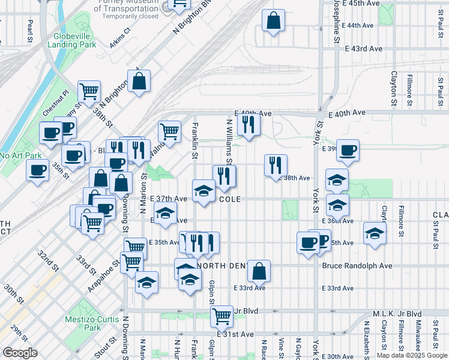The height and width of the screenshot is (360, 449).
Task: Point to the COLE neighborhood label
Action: [x=233, y=198]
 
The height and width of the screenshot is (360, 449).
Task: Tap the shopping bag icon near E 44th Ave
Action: [x=273, y=21]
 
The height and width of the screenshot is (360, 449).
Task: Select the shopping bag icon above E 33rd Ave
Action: [x=259, y=271]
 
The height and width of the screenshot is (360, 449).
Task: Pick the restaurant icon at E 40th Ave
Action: [x=247, y=124]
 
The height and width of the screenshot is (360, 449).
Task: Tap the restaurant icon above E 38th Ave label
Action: [x=276, y=164]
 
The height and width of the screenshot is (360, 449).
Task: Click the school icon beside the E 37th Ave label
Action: [x=203, y=191]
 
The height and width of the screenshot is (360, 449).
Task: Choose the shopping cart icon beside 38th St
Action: [x=89, y=92]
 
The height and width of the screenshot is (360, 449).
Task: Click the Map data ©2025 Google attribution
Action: [x=411, y=355]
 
